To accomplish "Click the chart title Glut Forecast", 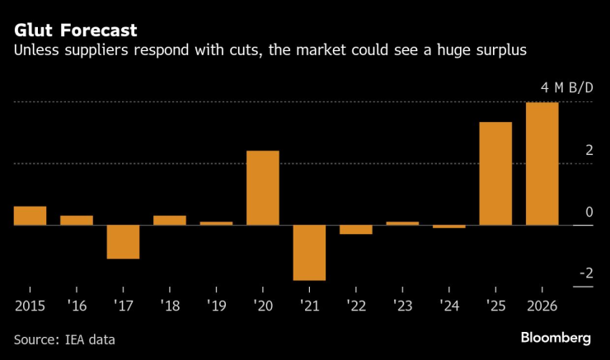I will [74, 30].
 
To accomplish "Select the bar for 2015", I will [30, 215].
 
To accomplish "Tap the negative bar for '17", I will [123, 241].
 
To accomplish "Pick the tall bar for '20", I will [262, 187].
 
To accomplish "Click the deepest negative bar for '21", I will [309, 252].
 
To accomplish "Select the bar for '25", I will [495, 173].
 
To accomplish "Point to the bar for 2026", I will [542, 163].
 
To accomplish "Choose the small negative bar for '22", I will [355, 229].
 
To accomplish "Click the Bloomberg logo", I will [556, 338].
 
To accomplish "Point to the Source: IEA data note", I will [64, 339].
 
